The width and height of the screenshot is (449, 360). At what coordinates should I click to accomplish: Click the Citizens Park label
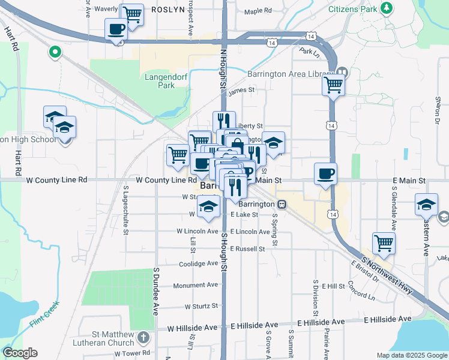pyautogui.click(x=353, y=10)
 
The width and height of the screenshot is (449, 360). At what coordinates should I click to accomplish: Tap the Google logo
pyautogui.click(x=20, y=353)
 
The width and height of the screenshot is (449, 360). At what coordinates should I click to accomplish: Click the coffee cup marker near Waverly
pyautogui.click(x=116, y=28)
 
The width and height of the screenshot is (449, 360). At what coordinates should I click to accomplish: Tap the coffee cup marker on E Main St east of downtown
pyautogui.click(x=325, y=173)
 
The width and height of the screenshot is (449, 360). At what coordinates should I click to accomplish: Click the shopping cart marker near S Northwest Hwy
pyautogui.click(x=384, y=243)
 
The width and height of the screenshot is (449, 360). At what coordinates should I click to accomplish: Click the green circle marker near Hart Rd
pyautogui.click(x=55, y=52)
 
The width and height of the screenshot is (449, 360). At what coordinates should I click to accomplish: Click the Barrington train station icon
pyautogui.click(x=281, y=205)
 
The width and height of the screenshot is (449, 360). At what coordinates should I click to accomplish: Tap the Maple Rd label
pyautogui.click(x=258, y=11)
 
